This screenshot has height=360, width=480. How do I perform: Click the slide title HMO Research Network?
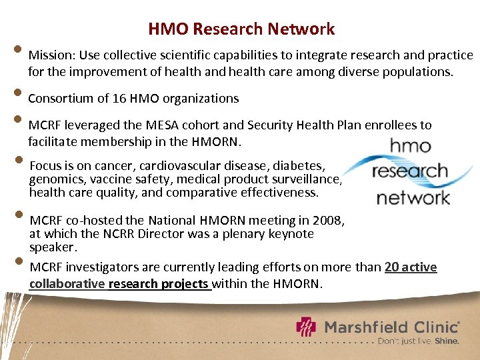[x=241, y=29]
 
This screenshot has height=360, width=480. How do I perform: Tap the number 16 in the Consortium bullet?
[x=119, y=99]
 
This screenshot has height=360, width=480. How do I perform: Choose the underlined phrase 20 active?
[x=411, y=267]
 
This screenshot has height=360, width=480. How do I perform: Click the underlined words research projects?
[x=159, y=284]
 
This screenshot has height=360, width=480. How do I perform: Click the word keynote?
[x=291, y=233]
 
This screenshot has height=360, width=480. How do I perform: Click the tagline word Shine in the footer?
[x=447, y=341]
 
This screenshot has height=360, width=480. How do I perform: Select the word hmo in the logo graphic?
[x=410, y=146]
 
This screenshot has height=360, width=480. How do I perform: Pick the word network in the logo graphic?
[x=413, y=197]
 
